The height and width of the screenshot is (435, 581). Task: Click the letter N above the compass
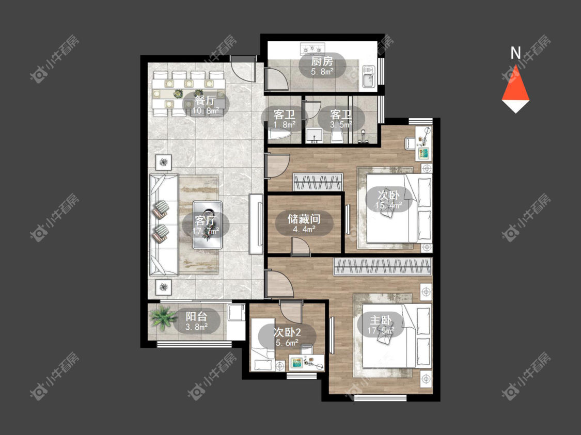tap(515, 53)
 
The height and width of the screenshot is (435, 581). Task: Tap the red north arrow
tap(515, 85)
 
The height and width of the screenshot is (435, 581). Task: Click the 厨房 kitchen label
tap(322, 61)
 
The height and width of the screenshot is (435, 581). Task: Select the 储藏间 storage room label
tap(304, 219)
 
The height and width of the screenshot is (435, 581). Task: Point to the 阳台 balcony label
tap(196, 316)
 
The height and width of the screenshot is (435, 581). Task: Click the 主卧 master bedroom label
tap(381, 320)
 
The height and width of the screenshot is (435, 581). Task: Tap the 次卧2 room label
tap(287, 332)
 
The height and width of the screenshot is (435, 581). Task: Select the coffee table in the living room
tap(207, 224)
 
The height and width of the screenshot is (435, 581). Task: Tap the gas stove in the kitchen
tap(312, 48)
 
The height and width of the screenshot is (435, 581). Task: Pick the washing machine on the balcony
tap(236, 313)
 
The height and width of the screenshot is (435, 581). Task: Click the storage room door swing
tap(301, 247)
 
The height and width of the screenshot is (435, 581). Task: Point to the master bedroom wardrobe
tap(383, 267)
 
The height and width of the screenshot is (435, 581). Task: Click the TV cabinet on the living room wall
tap(256, 224)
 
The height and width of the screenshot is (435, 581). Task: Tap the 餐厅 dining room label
tap(205, 100)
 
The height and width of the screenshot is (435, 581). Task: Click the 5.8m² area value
tap(322, 71)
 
